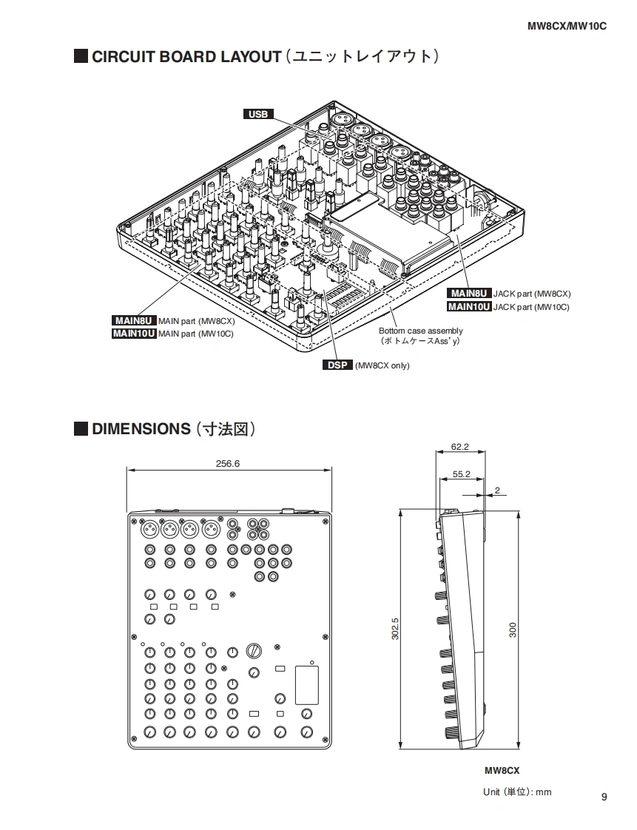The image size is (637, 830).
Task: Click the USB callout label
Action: click(x=258, y=114)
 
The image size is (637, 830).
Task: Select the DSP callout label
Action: click(x=337, y=365)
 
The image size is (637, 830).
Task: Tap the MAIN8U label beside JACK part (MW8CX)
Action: click(x=469, y=294)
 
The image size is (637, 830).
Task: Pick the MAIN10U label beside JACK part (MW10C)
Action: click(x=469, y=306)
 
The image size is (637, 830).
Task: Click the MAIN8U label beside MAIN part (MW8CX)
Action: click(x=134, y=321)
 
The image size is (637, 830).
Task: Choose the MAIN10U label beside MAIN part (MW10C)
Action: click(x=134, y=334)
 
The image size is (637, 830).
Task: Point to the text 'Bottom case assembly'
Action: click(x=420, y=330)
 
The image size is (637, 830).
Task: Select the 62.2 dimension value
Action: click(x=460, y=447)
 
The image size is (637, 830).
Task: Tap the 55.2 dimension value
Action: click(x=461, y=473)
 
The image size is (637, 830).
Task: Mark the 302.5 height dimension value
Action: click(x=395, y=629)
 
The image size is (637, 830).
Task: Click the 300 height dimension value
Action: click(x=513, y=629)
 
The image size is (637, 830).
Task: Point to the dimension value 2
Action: click(x=497, y=490)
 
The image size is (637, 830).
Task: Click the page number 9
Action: click(x=604, y=797)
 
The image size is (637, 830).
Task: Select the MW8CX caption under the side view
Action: click(x=502, y=771)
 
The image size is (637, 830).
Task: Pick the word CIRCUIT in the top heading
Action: click(x=121, y=57)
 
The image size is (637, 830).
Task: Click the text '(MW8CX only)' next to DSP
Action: click(x=382, y=365)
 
